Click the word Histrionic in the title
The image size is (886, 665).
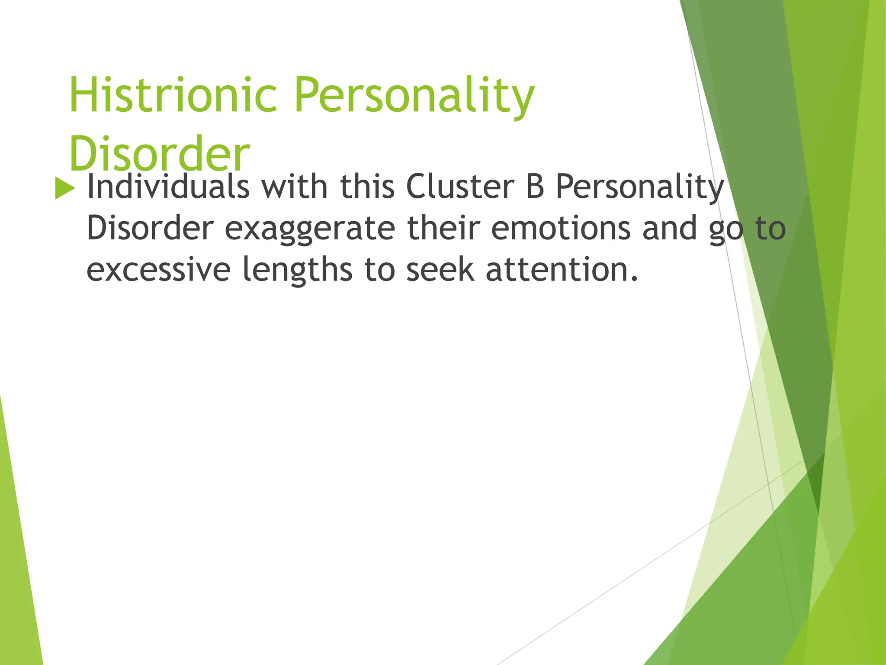tap(173, 95)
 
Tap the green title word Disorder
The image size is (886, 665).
tap(159, 153)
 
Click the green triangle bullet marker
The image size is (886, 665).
tap(65, 189)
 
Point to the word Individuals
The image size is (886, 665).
tap(168, 187)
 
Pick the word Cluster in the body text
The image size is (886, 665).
tap(460, 187)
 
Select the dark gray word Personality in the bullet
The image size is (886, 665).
tap(639, 187)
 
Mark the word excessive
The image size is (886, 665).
tap(158, 269)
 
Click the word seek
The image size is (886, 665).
tap(440, 269)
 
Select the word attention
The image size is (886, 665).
tap(562, 269)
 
